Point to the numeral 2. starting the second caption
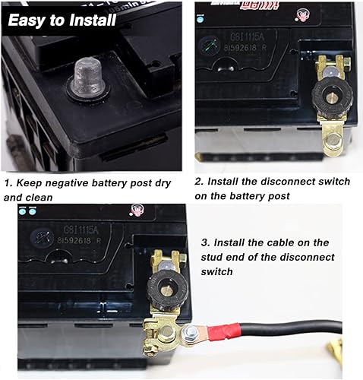(x=199, y=183)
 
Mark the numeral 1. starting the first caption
(x=8, y=183)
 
